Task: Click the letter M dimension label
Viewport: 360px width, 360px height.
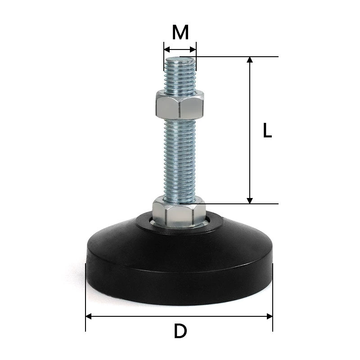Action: click(180, 32)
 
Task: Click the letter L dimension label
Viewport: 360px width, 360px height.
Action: click(267, 130)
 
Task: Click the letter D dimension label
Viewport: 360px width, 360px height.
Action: click(180, 331)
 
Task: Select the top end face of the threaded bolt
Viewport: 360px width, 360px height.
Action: click(180, 60)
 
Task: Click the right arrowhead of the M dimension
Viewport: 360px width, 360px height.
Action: click(193, 49)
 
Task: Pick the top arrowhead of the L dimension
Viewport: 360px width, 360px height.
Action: click(250, 59)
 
